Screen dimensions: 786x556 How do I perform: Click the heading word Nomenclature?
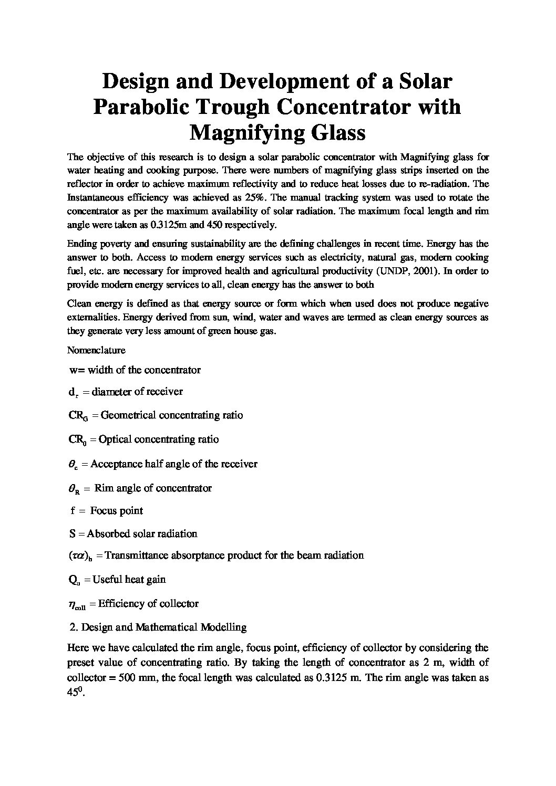pyautogui.click(x=96, y=350)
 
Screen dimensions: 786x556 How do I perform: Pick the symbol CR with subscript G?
pyautogui.click(x=78, y=416)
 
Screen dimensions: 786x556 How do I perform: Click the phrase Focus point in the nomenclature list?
pyautogui.click(x=117, y=511)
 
